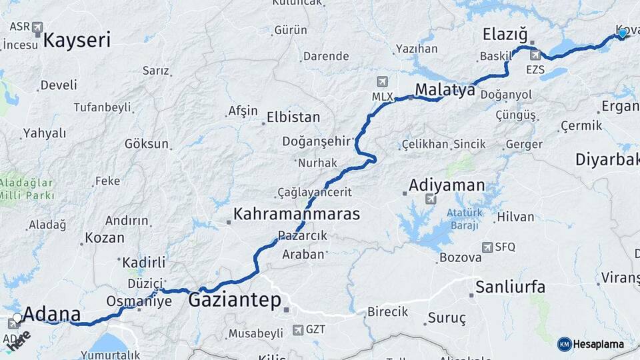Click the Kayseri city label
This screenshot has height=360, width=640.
[x=77, y=40]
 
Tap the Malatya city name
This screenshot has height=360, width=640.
[x=445, y=89]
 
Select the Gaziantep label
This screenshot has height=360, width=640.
[x=235, y=300]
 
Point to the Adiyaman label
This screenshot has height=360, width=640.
[x=447, y=185]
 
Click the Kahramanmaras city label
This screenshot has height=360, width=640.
[x=296, y=215]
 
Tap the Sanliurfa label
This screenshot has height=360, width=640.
[x=510, y=287]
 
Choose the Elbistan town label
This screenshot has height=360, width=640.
[x=293, y=117]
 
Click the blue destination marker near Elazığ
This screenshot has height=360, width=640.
[x=623, y=33]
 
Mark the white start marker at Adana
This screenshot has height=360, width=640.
[x=17, y=318]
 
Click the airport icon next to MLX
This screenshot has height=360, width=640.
[x=382, y=82]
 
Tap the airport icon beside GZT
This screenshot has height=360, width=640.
[x=297, y=329]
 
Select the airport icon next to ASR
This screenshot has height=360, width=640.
[x=37, y=27]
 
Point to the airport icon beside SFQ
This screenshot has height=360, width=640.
[x=487, y=247]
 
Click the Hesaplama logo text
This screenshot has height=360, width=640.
[x=599, y=345]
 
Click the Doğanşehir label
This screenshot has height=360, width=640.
[x=316, y=141]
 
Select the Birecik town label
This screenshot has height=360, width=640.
[x=388, y=312]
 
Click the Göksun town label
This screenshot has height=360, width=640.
[x=147, y=143]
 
